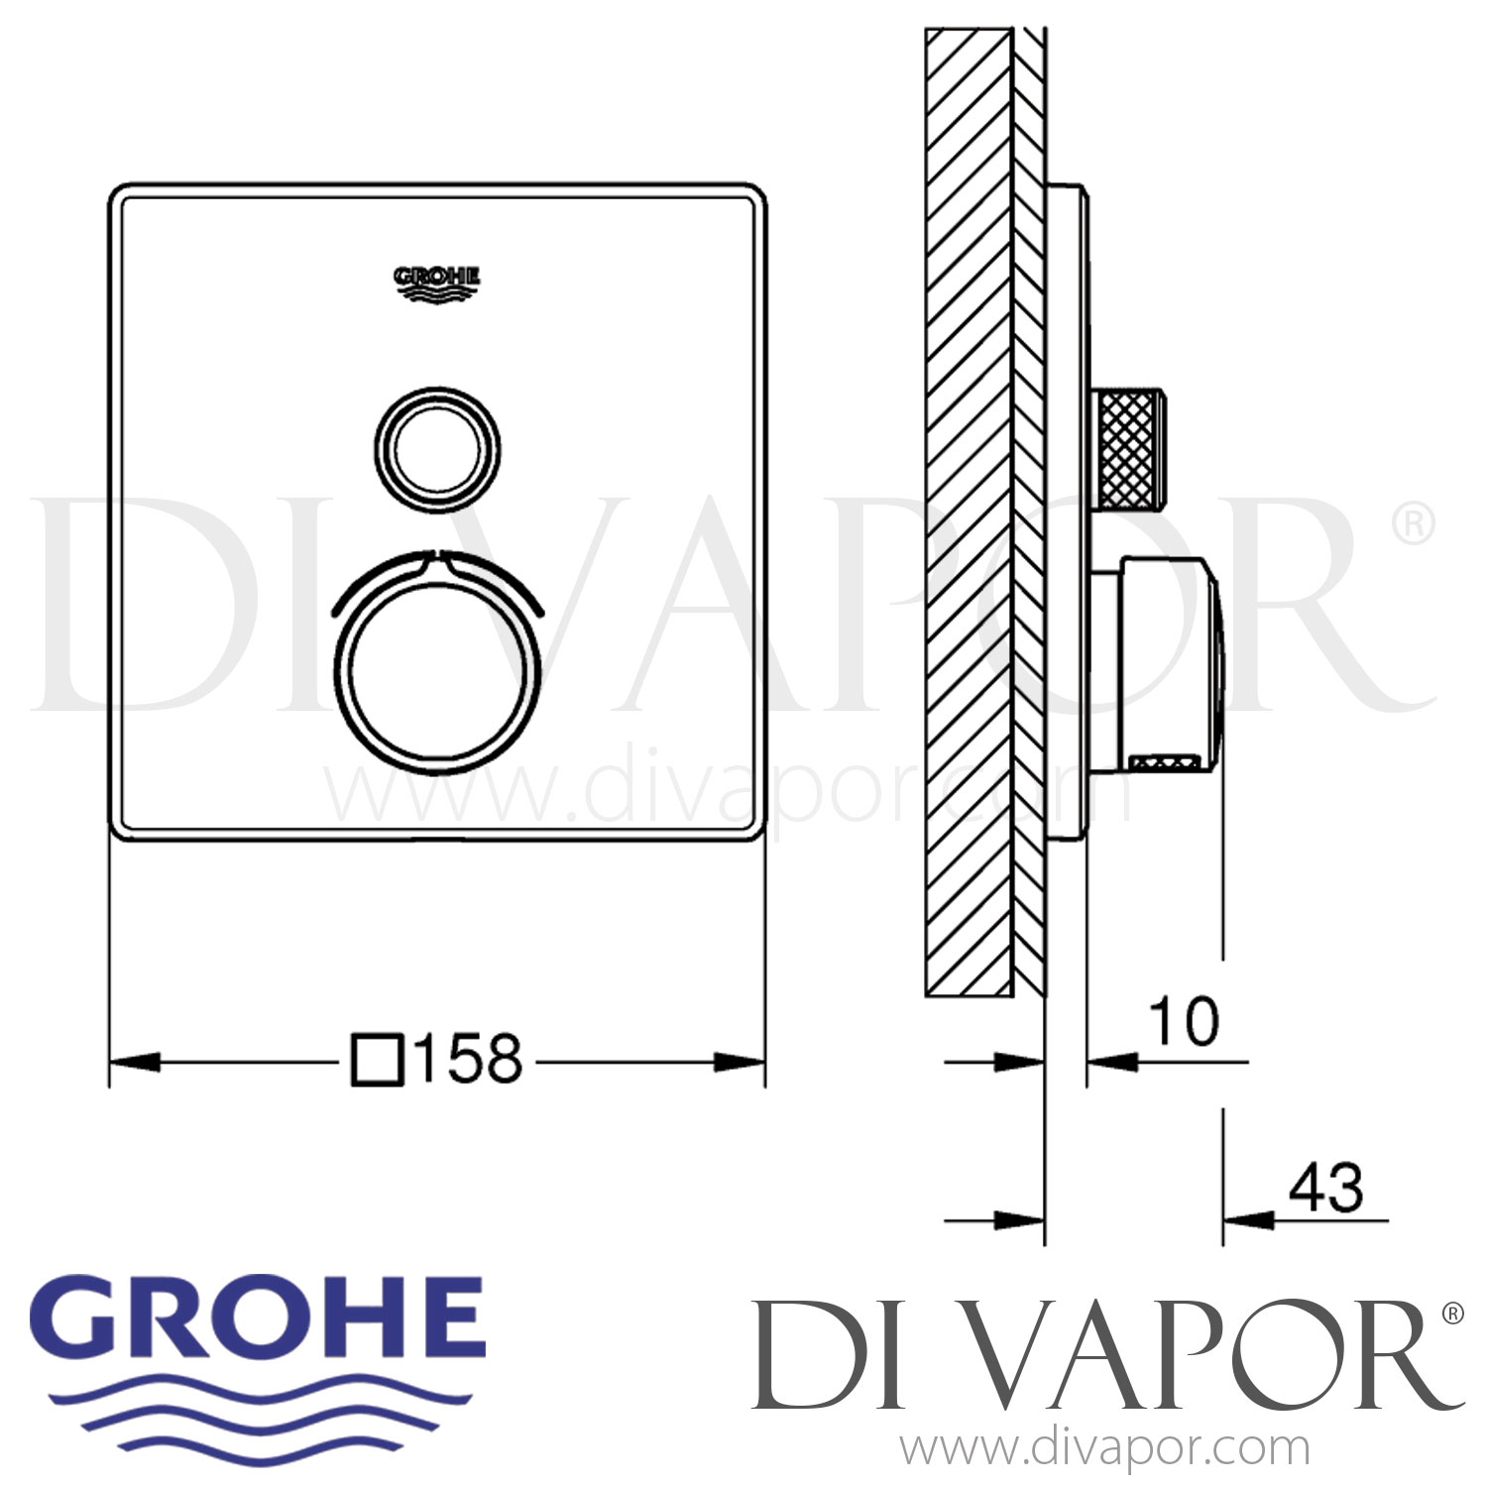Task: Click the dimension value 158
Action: point(468,1060)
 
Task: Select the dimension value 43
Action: point(1325,1188)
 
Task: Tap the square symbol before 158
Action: point(378,1061)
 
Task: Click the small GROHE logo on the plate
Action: point(437,281)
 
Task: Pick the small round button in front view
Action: point(437,450)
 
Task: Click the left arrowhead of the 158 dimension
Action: point(134,1062)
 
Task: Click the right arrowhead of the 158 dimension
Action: point(740,1062)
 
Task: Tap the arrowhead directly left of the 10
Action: point(1112,1063)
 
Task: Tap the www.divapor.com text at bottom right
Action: point(1104,1449)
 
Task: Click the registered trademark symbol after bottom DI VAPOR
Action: point(1451,1314)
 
